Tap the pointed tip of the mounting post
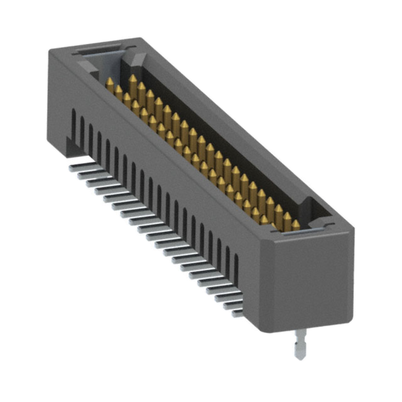pyautogui.click(x=300, y=358)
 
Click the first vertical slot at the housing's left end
pyautogui.click(x=74, y=121)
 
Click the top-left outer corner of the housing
pyautogui.click(x=50, y=50)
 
